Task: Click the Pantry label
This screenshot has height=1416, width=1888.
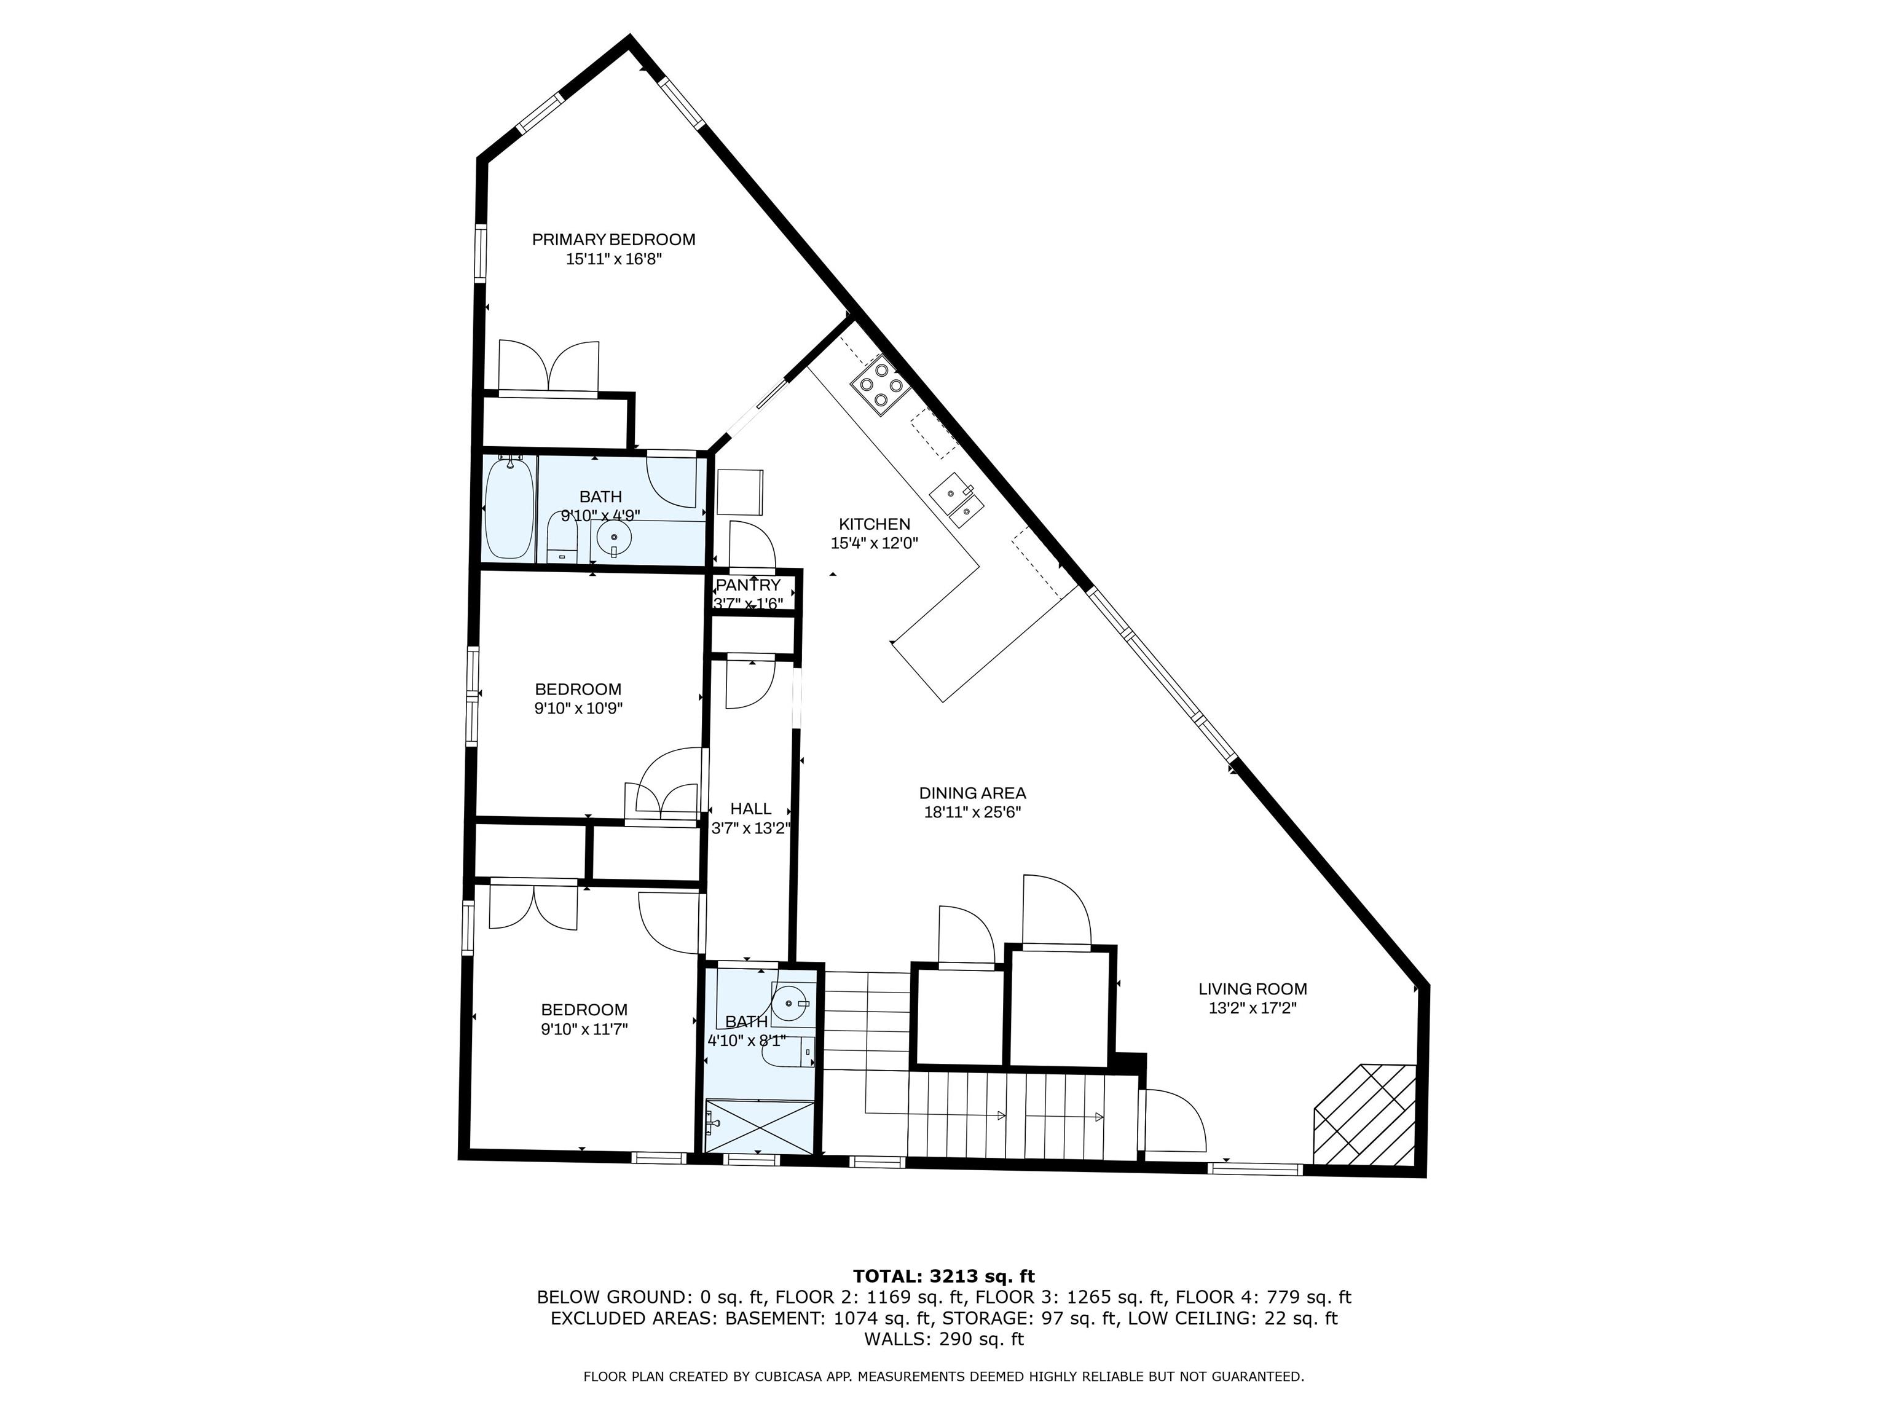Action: click(748, 586)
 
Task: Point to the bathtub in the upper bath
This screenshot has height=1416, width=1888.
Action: click(509, 509)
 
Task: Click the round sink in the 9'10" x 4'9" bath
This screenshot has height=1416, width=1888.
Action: click(614, 538)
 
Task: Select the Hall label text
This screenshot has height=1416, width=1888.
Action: click(750, 808)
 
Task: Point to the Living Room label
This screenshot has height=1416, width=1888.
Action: click(1252, 989)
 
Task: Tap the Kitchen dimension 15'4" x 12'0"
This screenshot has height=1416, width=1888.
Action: click(874, 543)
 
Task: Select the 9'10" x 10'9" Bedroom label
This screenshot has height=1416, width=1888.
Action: click(578, 689)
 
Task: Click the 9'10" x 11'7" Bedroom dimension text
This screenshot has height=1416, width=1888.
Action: click(584, 1029)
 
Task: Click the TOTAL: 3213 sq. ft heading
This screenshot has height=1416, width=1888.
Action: click(943, 1276)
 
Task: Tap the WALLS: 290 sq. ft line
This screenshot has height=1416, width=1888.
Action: click(943, 1339)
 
